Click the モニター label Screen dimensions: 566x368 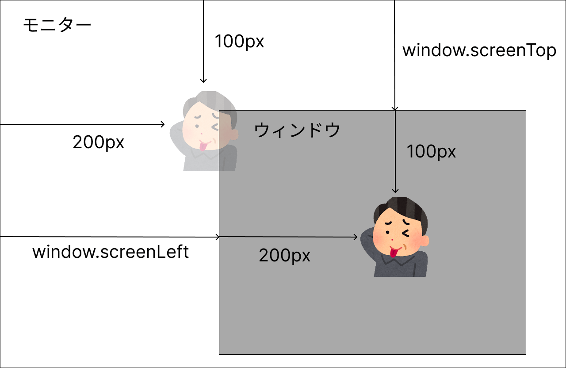57,26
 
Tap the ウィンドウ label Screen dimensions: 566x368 297,130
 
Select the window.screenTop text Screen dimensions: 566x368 479,51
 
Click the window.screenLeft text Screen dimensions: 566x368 111,252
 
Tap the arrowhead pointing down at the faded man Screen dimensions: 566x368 203,80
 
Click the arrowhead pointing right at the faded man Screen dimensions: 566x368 162,125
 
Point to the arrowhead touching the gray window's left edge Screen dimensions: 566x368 217,237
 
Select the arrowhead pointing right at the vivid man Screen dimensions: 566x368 355,237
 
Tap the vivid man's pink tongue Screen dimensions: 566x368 393,253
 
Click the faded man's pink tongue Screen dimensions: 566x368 203,146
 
